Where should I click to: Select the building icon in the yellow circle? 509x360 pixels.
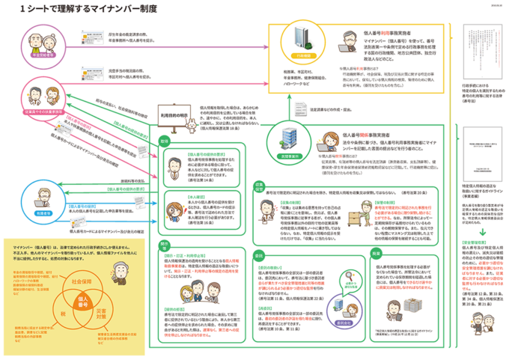click(299, 37)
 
